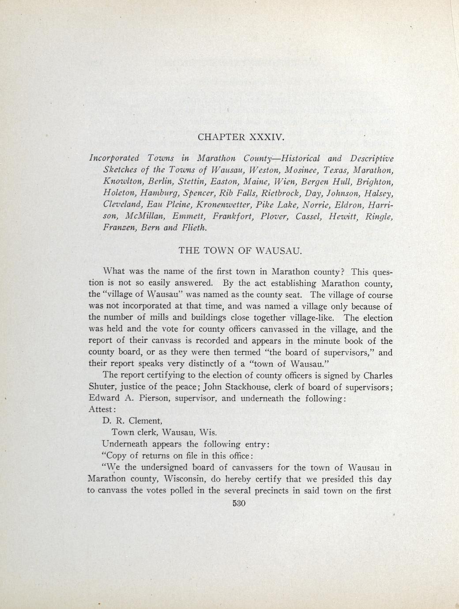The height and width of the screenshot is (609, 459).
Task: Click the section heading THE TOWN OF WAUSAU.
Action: coord(240,251)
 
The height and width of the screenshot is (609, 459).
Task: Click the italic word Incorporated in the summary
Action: coord(114,158)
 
